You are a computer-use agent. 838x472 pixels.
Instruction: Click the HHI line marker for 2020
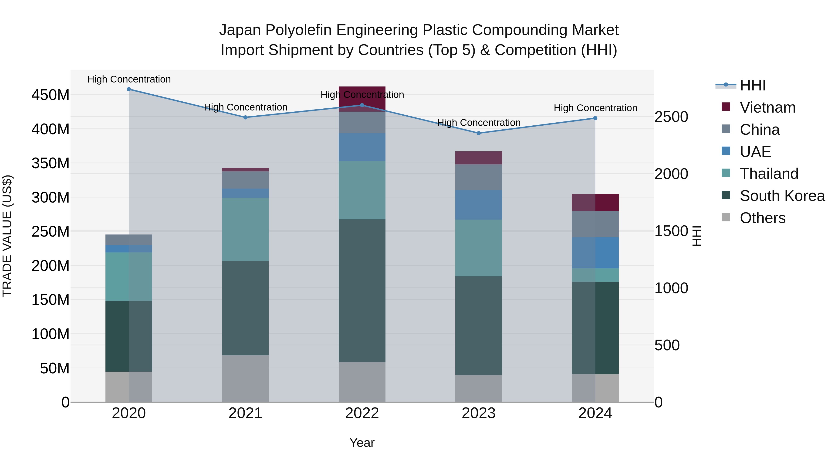point(129,89)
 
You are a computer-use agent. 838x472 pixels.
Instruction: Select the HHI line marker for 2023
point(479,133)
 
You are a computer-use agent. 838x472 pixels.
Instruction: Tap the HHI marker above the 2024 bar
point(595,118)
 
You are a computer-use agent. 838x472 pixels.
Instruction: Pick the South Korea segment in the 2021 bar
point(245,308)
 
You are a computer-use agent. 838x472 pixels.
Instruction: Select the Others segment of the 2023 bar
point(479,388)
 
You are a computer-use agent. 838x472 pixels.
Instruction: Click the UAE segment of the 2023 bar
point(479,205)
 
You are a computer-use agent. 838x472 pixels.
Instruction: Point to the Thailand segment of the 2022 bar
point(362,190)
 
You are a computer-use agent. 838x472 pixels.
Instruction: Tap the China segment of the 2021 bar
point(245,180)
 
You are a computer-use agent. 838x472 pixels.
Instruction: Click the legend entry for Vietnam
point(767,107)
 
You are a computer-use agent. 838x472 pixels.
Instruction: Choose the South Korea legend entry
point(782,196)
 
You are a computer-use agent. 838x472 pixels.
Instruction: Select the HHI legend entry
point(752,85)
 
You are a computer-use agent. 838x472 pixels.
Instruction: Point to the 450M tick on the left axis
point(51,95)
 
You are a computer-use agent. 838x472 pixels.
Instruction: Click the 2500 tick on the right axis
point(671,117)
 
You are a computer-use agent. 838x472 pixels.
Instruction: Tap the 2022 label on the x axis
point(362,413)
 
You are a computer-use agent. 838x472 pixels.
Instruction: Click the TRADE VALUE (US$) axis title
point(7,236)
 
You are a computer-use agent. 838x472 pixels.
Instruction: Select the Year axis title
point(362,443)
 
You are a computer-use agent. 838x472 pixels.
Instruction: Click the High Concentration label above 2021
point(246,107)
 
